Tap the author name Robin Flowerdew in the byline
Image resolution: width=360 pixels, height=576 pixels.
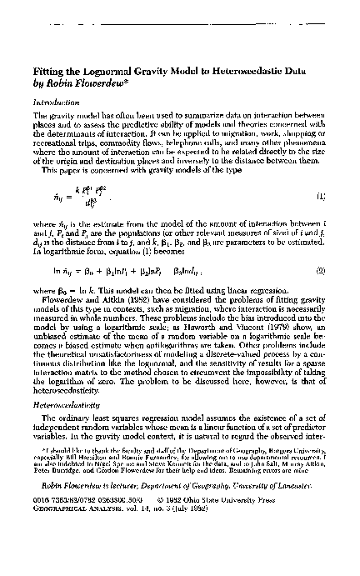click(89, 84)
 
